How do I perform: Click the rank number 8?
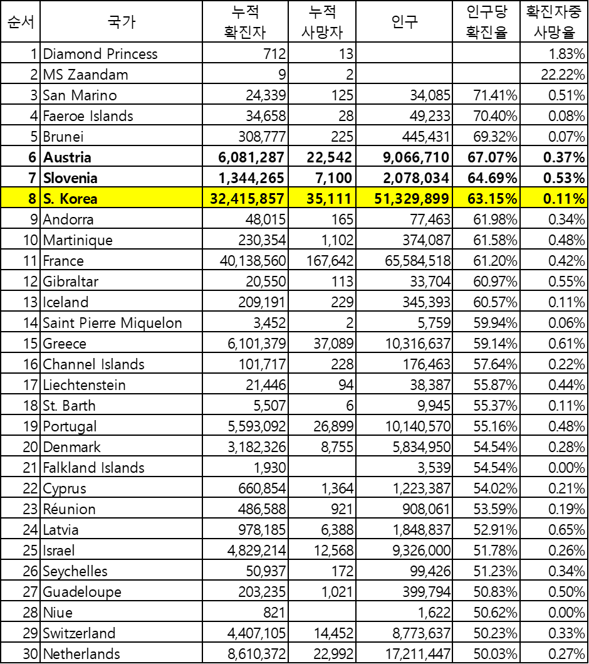click(x=32, y=199)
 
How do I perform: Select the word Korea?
click(x=78, y=199)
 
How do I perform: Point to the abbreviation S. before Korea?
click(x=48, y=199)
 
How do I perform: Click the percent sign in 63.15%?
click(x=511, y=199)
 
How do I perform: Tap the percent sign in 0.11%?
click(x=579, y=199)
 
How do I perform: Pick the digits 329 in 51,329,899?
click(x=409, y=199)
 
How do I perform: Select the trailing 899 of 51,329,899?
click(x=437, y=199)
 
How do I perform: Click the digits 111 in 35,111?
click(x=339, y=199)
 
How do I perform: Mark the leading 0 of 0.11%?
click(x=548, y=199)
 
